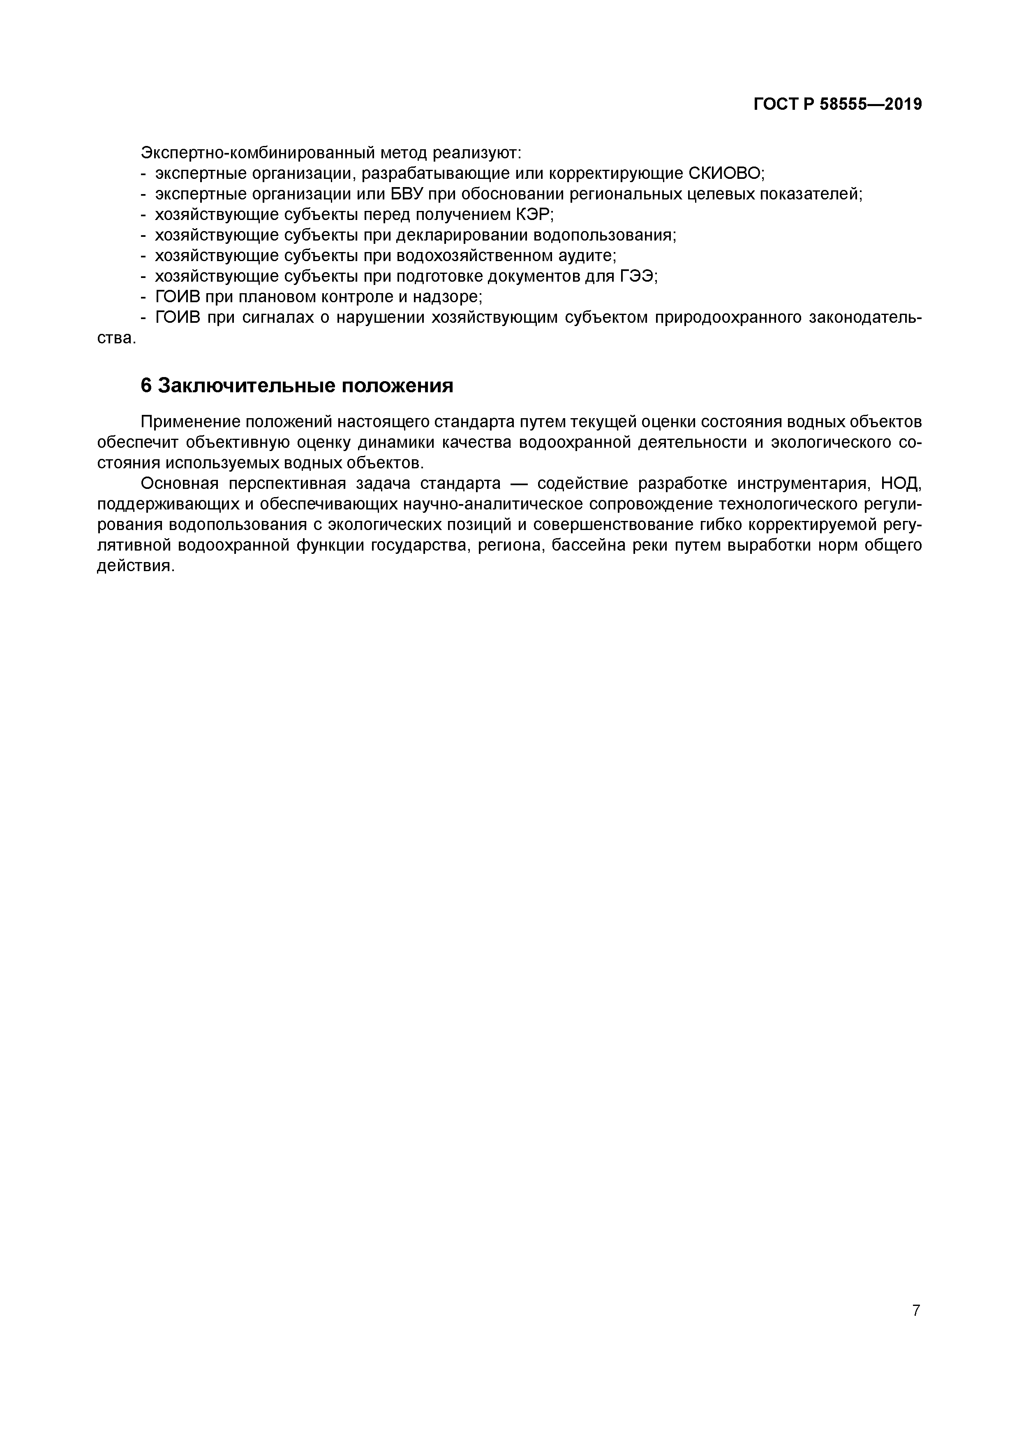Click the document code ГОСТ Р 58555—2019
click(838, 104)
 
